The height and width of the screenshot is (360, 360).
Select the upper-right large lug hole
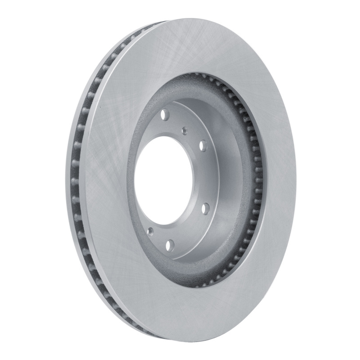click(203, 145)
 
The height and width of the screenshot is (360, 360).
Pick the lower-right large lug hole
click(205, 208)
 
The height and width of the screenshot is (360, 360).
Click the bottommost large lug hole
click(170, 245)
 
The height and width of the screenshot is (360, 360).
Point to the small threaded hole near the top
click(184, 130)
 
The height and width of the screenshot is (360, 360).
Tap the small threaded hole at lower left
click(150, 232)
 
